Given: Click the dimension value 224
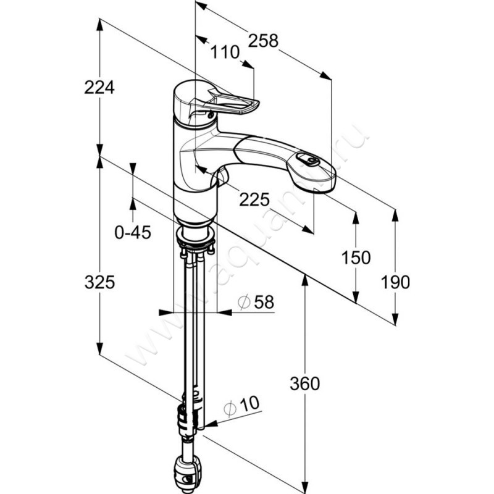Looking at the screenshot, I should point(99,88).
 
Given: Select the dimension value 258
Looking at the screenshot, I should point(264,40).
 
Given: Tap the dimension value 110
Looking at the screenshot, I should point(225,53).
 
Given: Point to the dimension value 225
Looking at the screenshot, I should point(254,199).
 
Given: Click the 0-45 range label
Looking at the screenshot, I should point(133,232).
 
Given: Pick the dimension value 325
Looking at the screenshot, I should point(99,283).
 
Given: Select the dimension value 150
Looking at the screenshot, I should point(356,258).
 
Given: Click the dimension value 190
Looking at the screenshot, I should point(396,282).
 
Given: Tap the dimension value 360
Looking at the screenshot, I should point(305,383).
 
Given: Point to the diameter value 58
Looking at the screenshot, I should point(263,302).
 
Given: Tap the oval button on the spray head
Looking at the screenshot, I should point(307,161).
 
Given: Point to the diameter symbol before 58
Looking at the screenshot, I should point(243,302).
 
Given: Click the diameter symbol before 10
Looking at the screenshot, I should point(230,408).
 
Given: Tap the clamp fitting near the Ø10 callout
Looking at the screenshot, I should point(186,420).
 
